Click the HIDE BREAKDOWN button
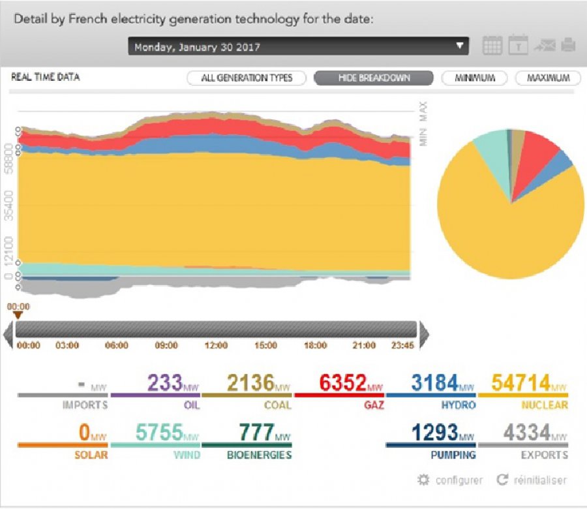coord(374,78)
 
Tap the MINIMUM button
coord(475,78)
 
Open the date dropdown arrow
coord(460,46)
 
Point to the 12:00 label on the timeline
coord(216,345)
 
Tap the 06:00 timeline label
coord(117,345)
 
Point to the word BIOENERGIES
coord(259,455)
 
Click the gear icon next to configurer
coord(423,480)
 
